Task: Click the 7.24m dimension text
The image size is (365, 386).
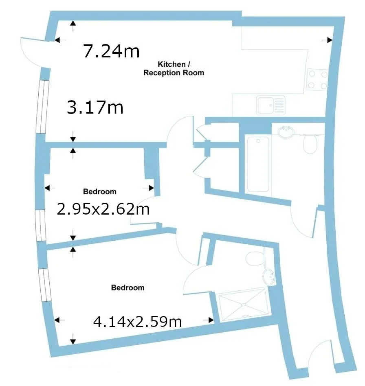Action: click(111, 51)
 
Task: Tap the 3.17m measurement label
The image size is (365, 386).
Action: click(95, 107)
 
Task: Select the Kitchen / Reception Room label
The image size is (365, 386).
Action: click(174, 68)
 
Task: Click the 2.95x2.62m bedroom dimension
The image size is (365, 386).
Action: click(103, 209)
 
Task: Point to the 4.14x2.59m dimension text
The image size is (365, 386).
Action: click(137, 322)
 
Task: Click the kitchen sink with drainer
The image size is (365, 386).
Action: click(270, 105)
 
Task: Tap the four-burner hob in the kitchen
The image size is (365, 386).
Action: click(317, 79)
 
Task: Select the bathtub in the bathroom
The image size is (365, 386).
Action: click(258, 164)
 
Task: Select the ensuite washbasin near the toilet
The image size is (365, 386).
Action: click(269, 277)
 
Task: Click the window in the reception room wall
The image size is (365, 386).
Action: click(42, 107)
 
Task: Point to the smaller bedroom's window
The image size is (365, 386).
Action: click(40, 225)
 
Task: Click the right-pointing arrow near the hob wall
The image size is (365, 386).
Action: click(327, 40)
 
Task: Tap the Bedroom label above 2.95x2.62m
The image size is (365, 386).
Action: click(100, 191)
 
